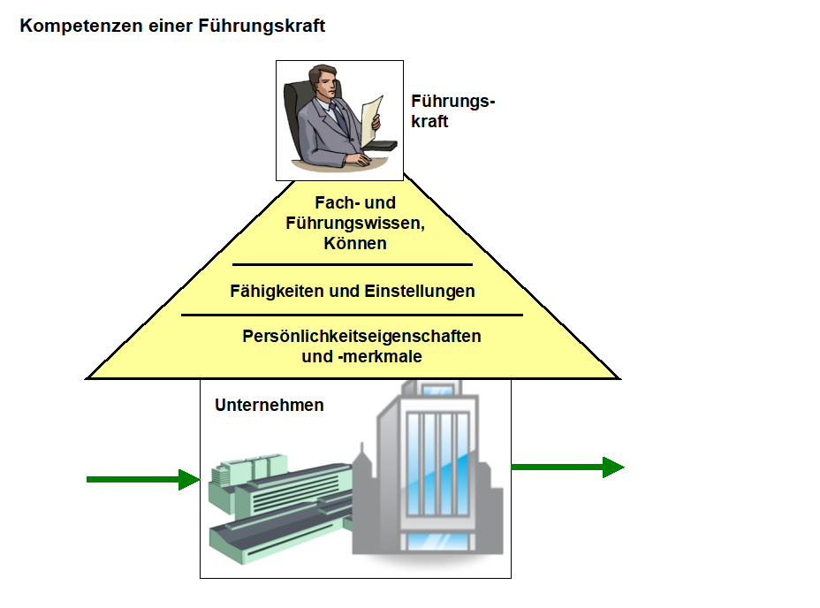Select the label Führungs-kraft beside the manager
tap(452, 112)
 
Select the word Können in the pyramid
tap(355, 243)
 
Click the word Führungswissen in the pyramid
tap(355, 224)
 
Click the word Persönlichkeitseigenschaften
tap(361, 337)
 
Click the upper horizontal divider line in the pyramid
tap(353, 264)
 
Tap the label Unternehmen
tap(270, 406)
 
